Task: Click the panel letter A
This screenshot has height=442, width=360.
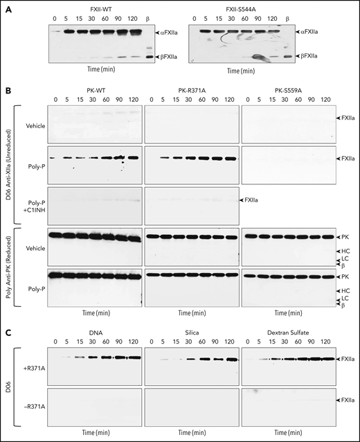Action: pos(5,5)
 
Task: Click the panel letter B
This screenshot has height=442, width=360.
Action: pos(5,89)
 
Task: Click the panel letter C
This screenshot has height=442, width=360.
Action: pos(5,326)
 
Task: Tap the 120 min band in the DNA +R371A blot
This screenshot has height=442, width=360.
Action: pos(132,358)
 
